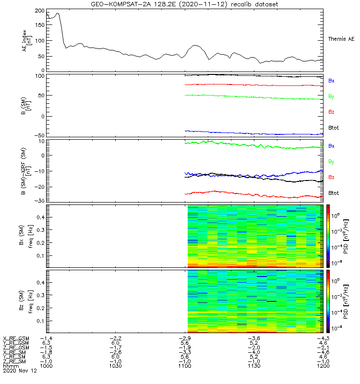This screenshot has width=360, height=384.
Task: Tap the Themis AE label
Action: (x=341, y=39)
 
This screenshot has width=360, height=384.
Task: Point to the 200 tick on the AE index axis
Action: (x=40, y=11)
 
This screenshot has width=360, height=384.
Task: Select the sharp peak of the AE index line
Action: (x=58, y=13)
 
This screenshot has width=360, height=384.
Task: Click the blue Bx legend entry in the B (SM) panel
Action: (x=331, y=81)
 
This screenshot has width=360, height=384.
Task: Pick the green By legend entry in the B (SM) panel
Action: (x=331, y=96)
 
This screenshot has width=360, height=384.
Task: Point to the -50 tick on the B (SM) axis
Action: (x=39, y=135)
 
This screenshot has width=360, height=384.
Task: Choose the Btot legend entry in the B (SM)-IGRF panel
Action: (x=334, y=193)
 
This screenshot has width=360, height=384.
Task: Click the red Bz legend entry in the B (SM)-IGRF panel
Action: (x=331, y=177)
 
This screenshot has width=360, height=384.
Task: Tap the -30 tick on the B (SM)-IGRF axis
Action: (x=39, y=201)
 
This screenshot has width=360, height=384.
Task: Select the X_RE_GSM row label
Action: (x=16, y=338)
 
